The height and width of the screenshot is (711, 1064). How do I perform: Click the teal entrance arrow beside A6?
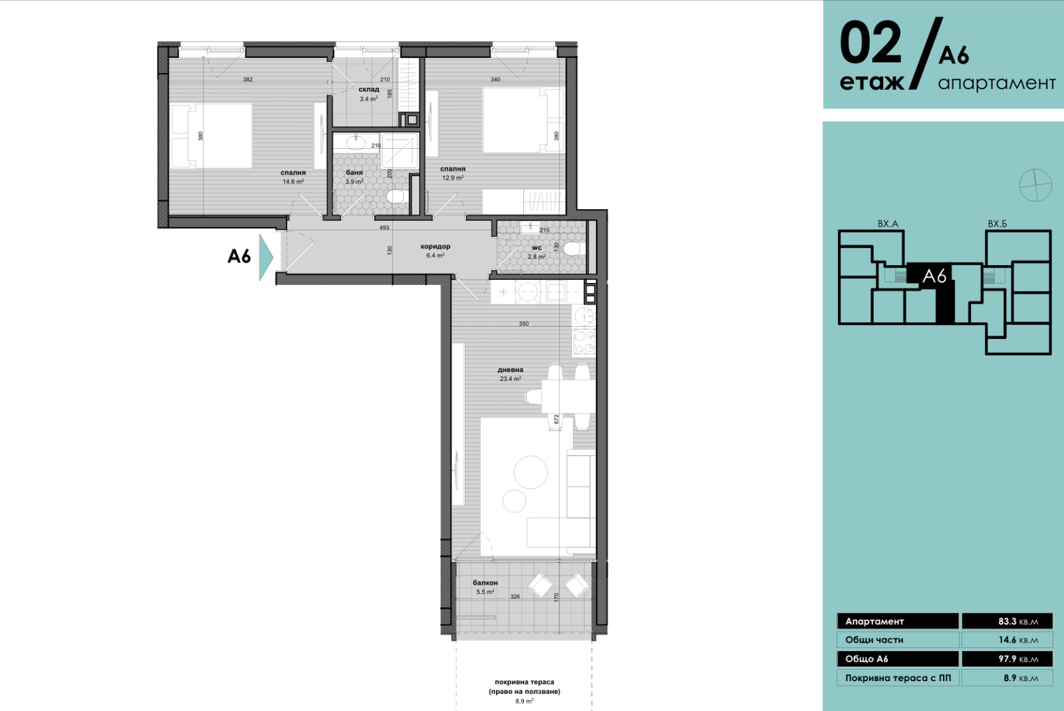click(265, 257)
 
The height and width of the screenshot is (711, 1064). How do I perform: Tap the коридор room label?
click(435, 247)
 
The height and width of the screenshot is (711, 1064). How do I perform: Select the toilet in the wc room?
click(573, 249)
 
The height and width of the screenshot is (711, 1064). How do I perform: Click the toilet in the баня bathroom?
click(395, 196)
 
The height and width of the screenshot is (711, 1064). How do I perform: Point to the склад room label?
click(368, 89)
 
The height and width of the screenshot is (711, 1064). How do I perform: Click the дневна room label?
click(510, 369)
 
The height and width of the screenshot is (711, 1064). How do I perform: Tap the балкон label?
click(485, 583)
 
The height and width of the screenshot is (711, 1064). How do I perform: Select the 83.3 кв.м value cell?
click(1007, 621)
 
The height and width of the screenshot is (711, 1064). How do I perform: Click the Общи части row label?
click(874, 641)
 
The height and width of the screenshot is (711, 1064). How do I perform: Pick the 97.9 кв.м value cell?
click(1007, 659)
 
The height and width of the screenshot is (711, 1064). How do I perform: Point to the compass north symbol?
click(1035, 185)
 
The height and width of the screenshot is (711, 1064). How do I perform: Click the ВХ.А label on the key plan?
click(888, 224)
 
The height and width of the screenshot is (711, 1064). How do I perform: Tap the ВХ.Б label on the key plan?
click(997, 224)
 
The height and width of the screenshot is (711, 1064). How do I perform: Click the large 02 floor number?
click(870, 43)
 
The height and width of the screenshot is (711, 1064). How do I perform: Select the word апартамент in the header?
click(997, 84)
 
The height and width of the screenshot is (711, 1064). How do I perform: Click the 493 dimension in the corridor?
click(384, 228)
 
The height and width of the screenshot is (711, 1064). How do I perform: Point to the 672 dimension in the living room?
click(556, 419)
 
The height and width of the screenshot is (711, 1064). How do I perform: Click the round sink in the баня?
click(356, 142)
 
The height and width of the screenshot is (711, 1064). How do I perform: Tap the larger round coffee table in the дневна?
click(531, 472)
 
